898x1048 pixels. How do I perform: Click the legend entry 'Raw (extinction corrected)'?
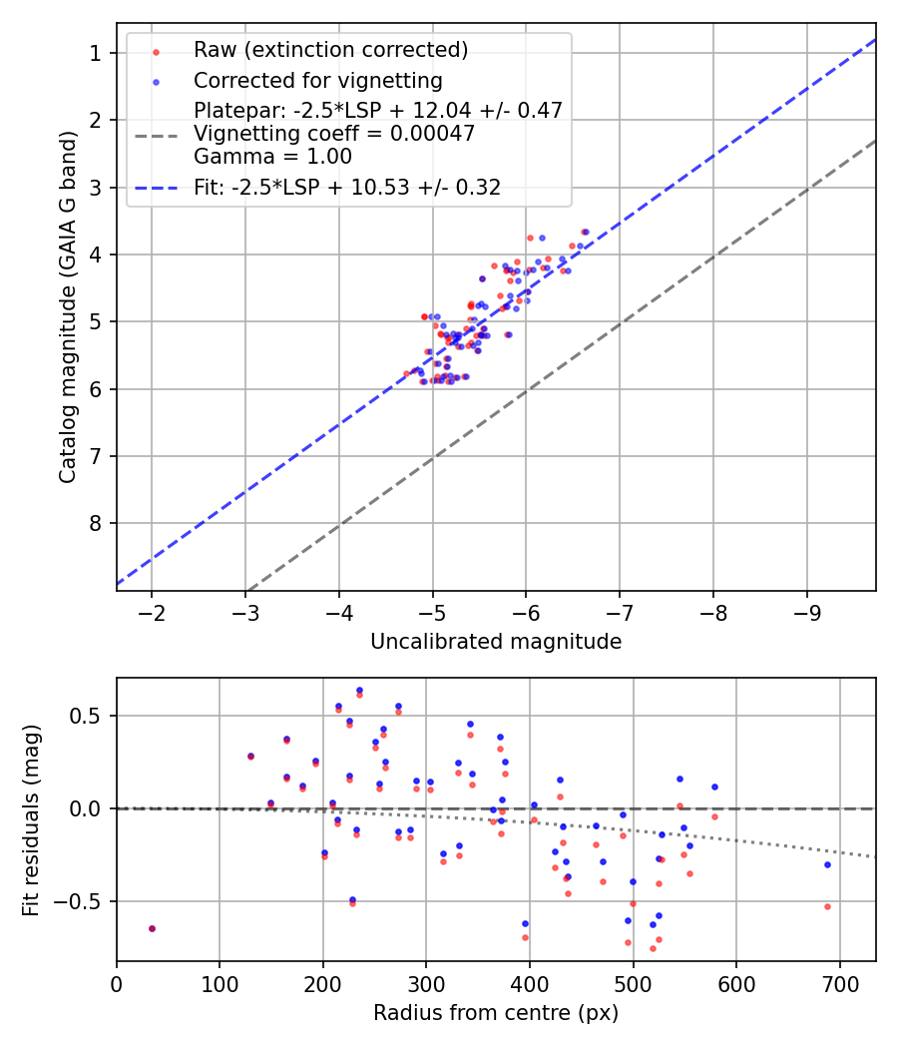(x=330, y=50)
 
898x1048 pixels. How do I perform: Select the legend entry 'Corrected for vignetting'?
(x=317, y=80)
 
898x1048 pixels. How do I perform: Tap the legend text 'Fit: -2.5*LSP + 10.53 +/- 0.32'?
(x=347, y=187)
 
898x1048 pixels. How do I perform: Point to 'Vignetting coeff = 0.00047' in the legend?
(x=334, y=133)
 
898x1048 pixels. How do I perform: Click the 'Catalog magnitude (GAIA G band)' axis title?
(x=67, y=306)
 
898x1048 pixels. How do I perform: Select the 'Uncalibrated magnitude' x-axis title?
(x=496, y=642)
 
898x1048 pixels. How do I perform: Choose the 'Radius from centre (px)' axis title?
(x=496, y=1013)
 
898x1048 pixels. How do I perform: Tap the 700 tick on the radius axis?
(x=839, y=982)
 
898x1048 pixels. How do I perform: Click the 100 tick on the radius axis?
(x=220, y=982)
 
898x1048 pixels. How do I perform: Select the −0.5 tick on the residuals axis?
(x=83, y=901)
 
